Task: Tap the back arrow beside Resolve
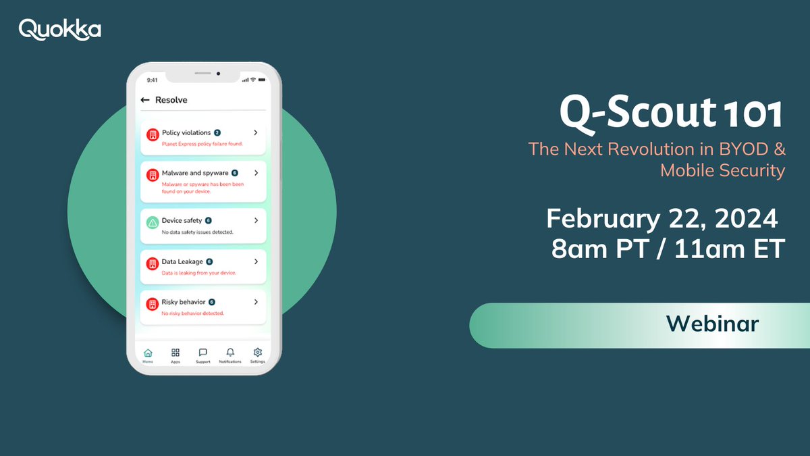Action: [x=144, y=100]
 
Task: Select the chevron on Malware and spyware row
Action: [x=256, y=174]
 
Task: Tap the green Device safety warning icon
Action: [x=153, y=223]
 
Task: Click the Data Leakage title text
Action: [x=182, y=261]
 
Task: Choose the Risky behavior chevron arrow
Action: [x=256, y=302]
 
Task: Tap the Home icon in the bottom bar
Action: [x=148, y=353]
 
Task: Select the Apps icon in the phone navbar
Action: [x=175, y=353]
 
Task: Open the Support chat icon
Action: [x=202, y=353]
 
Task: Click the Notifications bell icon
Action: [x=230, y=353]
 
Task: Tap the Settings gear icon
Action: [x=257, y=353]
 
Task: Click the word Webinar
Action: [x=713, y=324]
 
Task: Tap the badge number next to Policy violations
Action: [x=217, y=133]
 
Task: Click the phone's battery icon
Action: [x=261, y=79]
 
